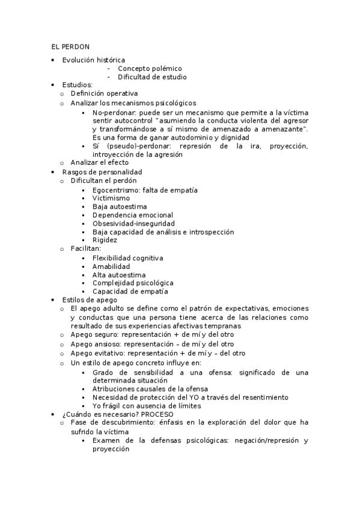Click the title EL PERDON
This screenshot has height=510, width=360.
point(70,47)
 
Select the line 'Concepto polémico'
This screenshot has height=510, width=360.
point(150,69)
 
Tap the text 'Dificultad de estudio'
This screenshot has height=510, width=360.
point(152,77)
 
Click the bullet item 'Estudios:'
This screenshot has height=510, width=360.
point(77,85)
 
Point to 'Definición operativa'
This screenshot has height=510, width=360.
point(104,94)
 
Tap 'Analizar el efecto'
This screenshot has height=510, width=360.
point(99,162)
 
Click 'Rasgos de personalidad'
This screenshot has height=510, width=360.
point(97,171)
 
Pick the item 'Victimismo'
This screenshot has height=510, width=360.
point(111,198)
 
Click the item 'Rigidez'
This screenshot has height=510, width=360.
point(105,240)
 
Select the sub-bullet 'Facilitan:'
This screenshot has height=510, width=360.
point(85,248)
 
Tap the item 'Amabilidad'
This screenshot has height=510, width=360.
point(111,266)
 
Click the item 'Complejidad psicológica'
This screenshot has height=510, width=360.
point(133,283)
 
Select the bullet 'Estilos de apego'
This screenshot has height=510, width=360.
point(90,300)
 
